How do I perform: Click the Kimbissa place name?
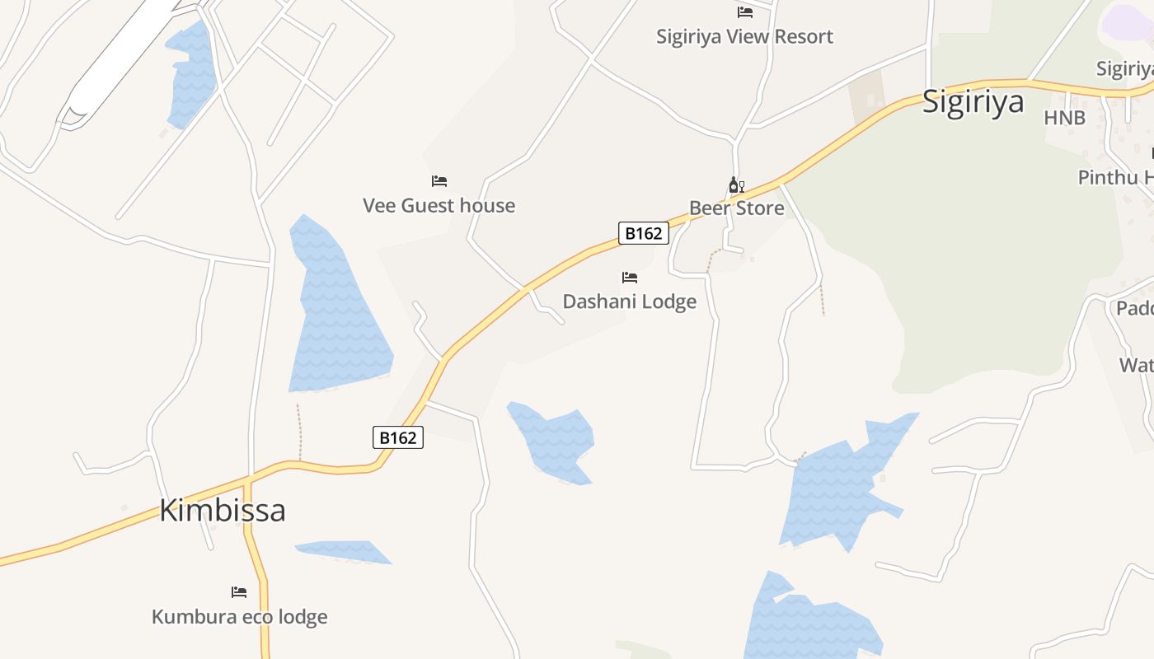click(x=223, y=510)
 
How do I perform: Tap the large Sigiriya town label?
click(x=973, y=101)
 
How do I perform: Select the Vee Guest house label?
click(x=439, y=205)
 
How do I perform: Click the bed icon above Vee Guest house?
click(x=439, y=181)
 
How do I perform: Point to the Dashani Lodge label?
click(x=629, y=301)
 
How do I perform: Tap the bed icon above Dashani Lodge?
click(x=630, y=278)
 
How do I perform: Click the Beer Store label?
click(x=736, y=208)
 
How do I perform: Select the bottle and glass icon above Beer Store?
click(x=736, y=185)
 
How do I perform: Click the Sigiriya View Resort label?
click(x=744, y=36)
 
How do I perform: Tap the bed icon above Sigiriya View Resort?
click(x=745, y=12)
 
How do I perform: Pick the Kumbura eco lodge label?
click(x=239, y=616)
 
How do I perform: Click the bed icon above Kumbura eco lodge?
click(x=239, y=592)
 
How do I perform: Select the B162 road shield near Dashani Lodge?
click(x=643, y=233)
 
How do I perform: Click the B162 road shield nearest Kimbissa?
click(x=398, y=437)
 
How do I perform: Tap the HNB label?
click(x=1064, y=118)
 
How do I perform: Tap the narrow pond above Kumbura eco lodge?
click(x=342, y=551)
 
